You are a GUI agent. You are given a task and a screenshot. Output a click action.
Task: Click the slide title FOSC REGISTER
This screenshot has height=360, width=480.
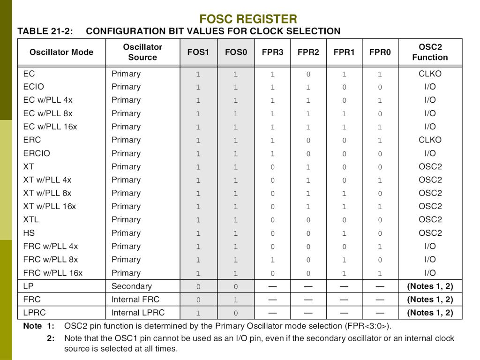(x=248, y=19)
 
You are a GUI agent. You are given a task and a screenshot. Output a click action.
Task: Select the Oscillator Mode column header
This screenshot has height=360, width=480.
(x=61, y=52)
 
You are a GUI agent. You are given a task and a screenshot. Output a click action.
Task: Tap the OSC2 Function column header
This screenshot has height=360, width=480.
(x=430, y=52)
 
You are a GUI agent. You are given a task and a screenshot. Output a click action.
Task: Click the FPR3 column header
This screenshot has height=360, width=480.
(x=272, y=52)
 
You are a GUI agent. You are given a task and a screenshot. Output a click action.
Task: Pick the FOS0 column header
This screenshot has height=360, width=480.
(x=236, y=52)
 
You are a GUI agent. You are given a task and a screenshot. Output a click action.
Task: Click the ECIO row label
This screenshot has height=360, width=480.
(x=33, y=87)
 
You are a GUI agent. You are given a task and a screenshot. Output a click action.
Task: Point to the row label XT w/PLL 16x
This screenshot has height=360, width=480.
(x=49, y=206)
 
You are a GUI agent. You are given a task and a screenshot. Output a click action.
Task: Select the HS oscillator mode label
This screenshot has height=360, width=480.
(x=29, y=233)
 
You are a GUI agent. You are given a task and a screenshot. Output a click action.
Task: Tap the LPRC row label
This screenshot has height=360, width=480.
(x=35, y=313)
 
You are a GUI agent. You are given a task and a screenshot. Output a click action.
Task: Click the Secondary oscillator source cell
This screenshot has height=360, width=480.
(x=132, y=286)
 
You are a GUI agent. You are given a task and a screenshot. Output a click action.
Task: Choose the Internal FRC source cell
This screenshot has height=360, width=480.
(x=135, y=300)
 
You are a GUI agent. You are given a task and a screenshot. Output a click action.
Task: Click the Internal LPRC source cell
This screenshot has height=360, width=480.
(x=138, y=313)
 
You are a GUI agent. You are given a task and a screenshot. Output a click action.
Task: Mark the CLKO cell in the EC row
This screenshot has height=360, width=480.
(x=430, y=74)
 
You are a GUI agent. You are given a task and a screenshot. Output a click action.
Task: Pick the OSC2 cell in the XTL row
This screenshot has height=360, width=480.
(x=430, y=219)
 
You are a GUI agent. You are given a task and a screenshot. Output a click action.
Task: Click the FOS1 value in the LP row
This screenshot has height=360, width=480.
(x=198, y=286)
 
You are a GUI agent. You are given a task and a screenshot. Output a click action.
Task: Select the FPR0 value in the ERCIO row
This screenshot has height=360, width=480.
(x=380, y=154)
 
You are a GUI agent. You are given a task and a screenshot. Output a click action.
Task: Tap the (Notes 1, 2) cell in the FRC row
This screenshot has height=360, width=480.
(x=430, y=300)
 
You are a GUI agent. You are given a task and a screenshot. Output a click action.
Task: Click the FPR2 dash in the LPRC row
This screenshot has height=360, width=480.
(x=308, y=313)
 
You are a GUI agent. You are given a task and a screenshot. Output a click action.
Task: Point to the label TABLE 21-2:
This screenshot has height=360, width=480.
(x=45, y=31)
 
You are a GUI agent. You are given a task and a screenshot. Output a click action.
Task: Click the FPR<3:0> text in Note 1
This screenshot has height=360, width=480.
(x=367, y=326)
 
